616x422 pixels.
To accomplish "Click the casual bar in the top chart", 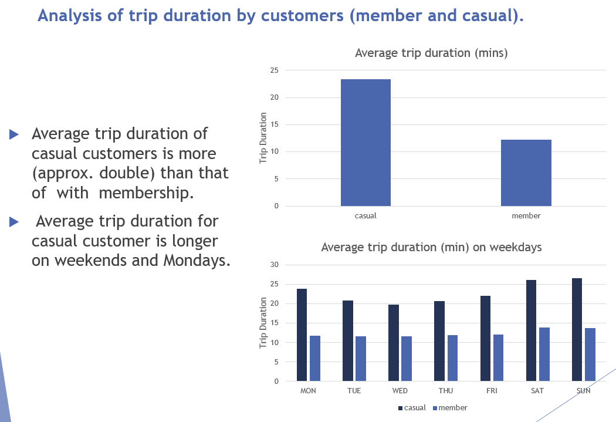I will (365, 143).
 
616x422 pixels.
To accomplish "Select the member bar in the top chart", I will (526, 173).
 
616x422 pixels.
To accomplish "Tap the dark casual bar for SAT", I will (531, 330).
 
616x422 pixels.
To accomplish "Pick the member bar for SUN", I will (590, 355).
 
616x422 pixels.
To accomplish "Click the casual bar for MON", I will (302, 335).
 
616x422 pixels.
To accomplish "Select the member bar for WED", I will (406, 359).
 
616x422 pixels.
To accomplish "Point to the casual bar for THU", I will (439, 341).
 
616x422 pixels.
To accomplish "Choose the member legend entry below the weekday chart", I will (450, 407).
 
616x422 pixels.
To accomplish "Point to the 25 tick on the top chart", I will (274, 70).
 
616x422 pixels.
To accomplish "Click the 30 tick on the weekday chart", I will (274, 265).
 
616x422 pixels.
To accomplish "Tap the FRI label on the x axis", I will (492, 391).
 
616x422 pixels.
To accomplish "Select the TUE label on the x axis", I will (354, 391).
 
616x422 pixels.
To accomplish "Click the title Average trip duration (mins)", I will (431, 53).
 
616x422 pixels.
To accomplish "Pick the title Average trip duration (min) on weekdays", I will (431, 247).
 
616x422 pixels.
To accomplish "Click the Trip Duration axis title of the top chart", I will (263, 139).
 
